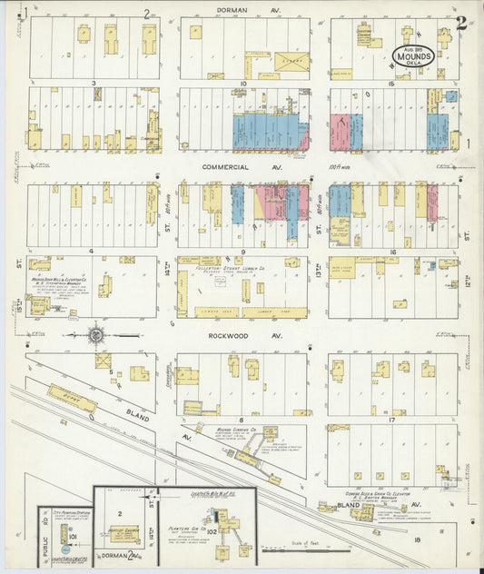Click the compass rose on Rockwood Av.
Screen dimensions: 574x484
96,334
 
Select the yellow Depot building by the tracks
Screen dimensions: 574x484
71,398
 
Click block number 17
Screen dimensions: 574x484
391,419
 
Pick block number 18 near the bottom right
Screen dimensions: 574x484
417,539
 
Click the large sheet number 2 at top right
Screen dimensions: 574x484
461,22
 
